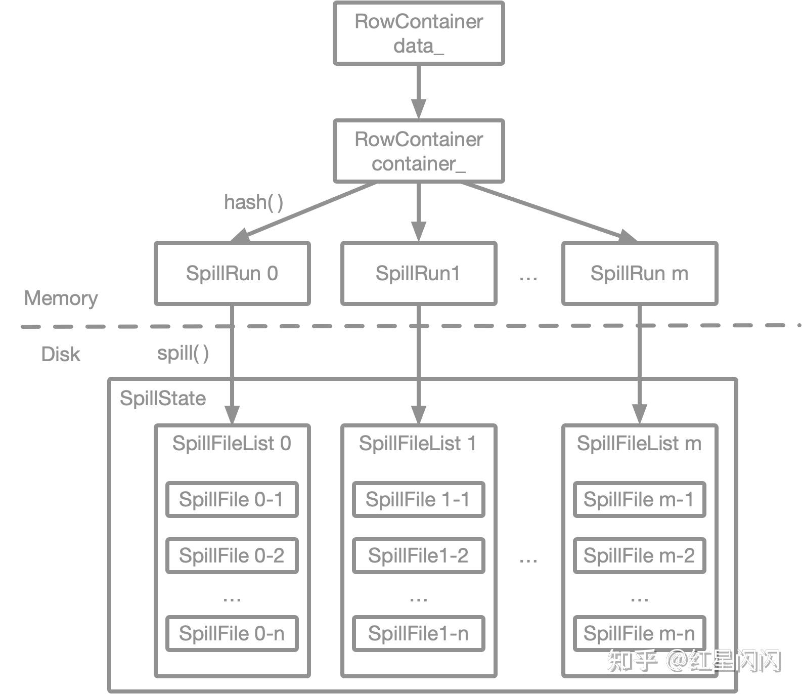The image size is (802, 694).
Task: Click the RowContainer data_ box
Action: tap(419, 33)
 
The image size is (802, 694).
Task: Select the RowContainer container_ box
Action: tap(419, 151)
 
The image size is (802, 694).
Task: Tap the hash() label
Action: tap(253, 202)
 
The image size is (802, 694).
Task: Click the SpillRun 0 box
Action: tap(232, 274)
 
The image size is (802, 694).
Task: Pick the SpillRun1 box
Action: tap(419, 274)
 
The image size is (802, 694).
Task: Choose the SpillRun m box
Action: tap(640, 274)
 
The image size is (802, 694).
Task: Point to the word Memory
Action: tap(61, 298)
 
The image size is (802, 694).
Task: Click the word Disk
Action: tap(61, 354)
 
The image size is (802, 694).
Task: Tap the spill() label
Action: tap(183, 353)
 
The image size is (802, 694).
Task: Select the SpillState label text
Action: tap(163, 399)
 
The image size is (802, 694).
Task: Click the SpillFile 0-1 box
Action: tap(232, 500)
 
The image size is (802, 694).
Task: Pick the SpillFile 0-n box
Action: tap(232, 633)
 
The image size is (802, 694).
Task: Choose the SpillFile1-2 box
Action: tap(418, 555)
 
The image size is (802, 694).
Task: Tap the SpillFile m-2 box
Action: tap(639, 555)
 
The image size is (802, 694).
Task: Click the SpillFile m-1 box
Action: tap(639, 500)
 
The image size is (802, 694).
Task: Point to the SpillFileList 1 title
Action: tap(418, 444)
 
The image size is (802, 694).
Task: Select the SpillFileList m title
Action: tap(639, 444)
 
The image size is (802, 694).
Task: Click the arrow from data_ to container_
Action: tap(419, 91)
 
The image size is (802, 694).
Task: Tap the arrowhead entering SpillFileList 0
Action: tap(232, 415)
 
